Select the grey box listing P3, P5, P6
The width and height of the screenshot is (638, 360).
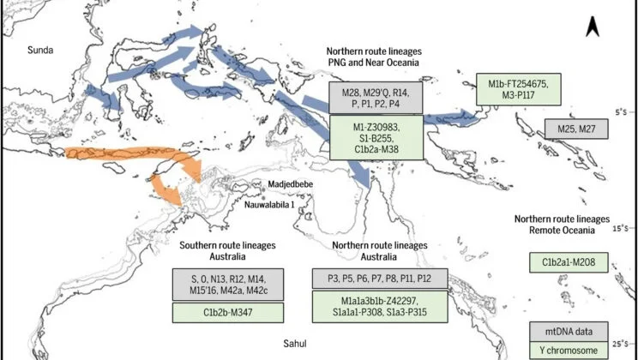tap(379, 279)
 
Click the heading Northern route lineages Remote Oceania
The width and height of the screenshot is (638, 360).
tap(562, 225)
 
